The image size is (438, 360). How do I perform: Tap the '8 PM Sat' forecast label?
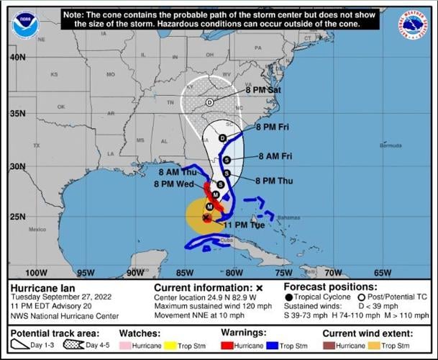263,90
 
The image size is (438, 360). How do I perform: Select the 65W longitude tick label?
382,273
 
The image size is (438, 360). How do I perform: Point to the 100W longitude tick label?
36,273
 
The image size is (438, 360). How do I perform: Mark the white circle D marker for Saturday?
209,102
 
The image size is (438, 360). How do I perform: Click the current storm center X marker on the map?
207,217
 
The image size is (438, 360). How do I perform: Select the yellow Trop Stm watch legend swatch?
170,346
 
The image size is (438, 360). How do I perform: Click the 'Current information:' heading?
199,287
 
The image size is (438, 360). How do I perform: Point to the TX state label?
36,145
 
